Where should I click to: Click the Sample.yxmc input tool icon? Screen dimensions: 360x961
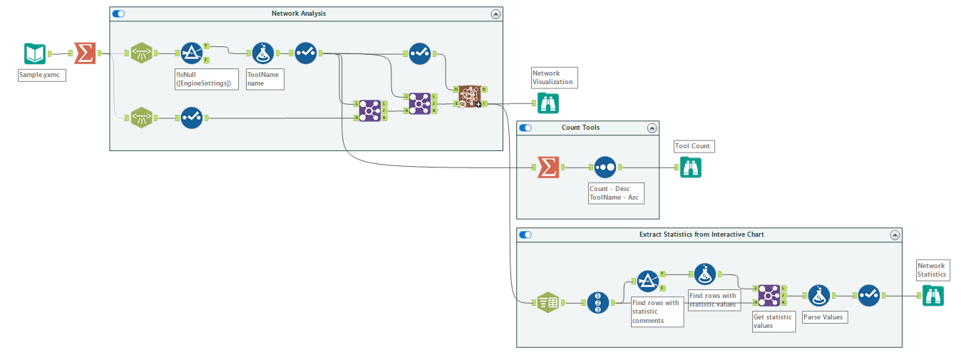point(35,53)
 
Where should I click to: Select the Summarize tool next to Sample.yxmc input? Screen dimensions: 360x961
point(85,53)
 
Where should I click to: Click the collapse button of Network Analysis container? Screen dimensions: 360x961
point(495,14)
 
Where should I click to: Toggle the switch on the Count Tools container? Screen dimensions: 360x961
point(525,128)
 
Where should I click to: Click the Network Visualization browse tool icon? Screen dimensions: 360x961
point(548,103)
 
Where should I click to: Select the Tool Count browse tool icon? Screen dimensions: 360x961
point(690,168)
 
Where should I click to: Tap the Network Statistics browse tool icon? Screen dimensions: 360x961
point(932,295)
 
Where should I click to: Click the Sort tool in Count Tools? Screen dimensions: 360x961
point(605,168)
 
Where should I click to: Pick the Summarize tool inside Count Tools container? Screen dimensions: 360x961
point(548,168)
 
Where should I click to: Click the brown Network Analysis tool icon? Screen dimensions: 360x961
point(469,96)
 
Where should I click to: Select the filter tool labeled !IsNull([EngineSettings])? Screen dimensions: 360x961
point(191,53)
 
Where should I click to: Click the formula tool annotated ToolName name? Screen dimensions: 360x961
point(262,53)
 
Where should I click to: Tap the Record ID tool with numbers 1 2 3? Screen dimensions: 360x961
point(598,303)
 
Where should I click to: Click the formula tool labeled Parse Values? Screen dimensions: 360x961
point(818,295)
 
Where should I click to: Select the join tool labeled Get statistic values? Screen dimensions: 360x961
point(769,295)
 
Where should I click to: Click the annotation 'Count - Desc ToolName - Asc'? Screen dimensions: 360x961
point(615,193)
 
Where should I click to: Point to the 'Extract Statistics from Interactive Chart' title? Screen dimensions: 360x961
point(702,235)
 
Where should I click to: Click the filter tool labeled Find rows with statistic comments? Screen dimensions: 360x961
point(647,281)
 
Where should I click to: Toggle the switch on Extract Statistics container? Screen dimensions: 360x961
point(525,235)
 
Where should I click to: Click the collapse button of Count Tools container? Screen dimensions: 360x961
point(652,128)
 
